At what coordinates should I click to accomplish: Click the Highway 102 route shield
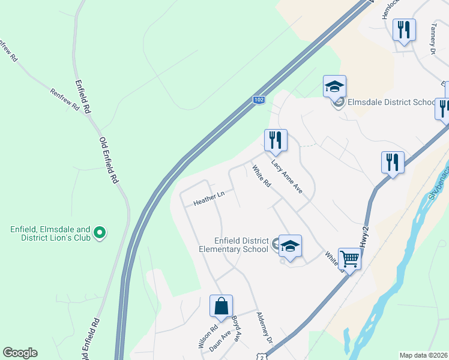click(258, 100)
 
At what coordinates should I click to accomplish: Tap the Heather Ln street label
click(208, 199)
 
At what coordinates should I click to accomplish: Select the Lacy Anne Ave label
click(286, 176)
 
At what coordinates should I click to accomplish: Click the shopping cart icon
click(349, 259)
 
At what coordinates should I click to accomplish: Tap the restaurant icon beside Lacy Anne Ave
click(276, 140)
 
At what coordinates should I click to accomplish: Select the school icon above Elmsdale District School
click(334, 86)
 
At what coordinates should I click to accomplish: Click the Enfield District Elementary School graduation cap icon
click(290, 246)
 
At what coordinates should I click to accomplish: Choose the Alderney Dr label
click(264, 328)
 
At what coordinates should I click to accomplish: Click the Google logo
click(20, 353)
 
